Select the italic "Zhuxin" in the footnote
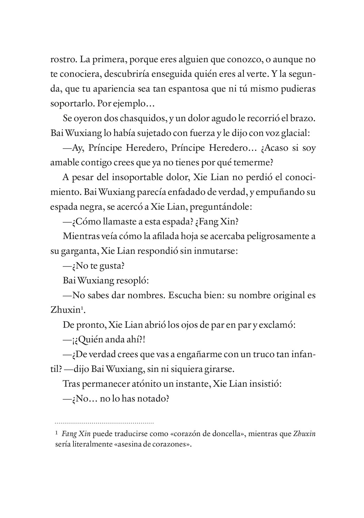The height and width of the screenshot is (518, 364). tap(304, 434)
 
